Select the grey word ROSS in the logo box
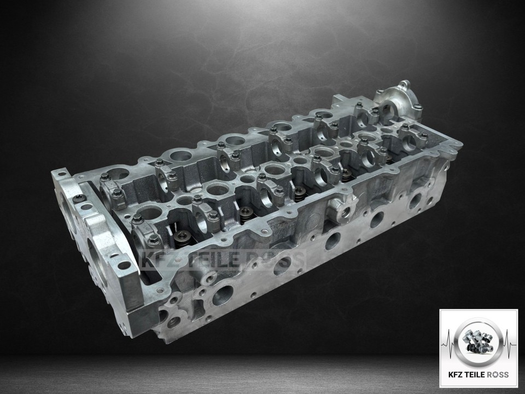[498, 374]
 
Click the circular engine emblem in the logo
[478, 341]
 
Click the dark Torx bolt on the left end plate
[78, 199]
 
